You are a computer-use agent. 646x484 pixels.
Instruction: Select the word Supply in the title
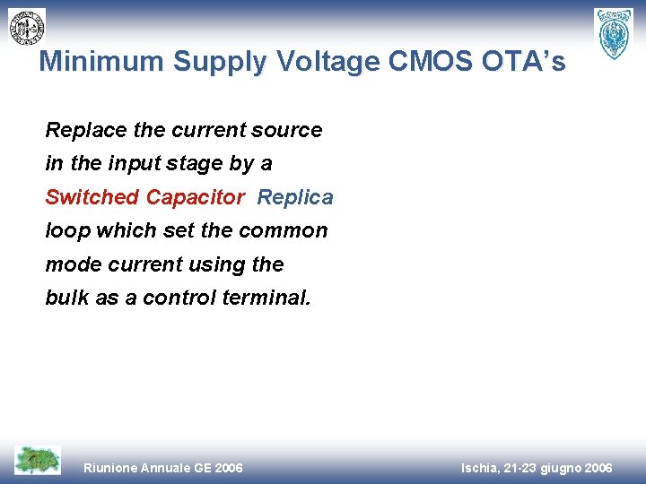(x=220, y=61)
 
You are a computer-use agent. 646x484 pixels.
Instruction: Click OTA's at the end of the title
(x=528, y=61)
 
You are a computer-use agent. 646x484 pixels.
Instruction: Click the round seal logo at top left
(x=27, y=27)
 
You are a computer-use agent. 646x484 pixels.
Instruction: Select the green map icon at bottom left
(x=38, y=460)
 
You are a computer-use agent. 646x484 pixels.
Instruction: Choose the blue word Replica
(x=295, y=197)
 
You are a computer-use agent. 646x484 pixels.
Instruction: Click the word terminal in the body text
(x=272, y=298)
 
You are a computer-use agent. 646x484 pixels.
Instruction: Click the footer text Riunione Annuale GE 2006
(x=162, y=468)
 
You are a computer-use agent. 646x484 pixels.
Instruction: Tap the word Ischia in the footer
(x=482, y=468)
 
